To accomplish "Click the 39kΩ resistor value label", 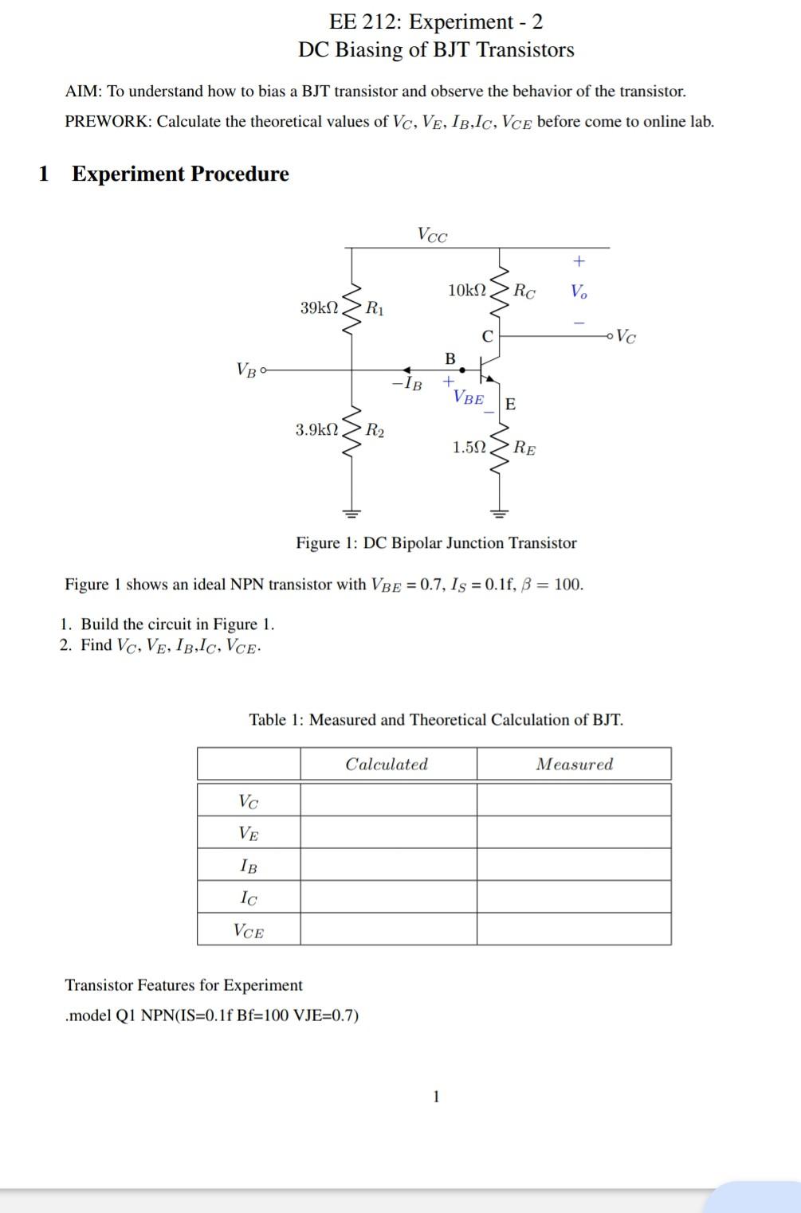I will coord(319,307).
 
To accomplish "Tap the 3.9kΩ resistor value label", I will coord(316,430).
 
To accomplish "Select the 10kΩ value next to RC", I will coord(467,290).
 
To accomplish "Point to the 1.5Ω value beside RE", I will coord(469,448).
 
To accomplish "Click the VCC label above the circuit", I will coord(433,235).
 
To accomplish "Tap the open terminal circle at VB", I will coord(264,370).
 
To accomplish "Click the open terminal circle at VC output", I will coord(611,336).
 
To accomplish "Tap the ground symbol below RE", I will coord(499,511).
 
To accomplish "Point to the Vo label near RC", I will coord(579,292).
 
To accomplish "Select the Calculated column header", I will coord(387,765).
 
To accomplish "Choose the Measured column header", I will coord(574,765).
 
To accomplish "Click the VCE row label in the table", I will coord(249,929).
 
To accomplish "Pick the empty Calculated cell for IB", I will coord(388,865).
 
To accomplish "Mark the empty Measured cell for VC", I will coord(574,800).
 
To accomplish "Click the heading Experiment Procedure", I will coord(180,174).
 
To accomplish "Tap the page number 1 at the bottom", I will coord(436,1097).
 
